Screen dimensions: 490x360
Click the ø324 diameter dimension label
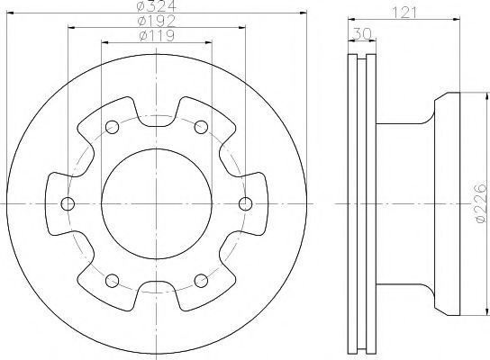pyautogui.click(x=157, y=5)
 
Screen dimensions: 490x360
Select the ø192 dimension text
pyautogui.click(x=157, y=21)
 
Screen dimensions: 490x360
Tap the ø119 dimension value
pyautogui.click(x=157, y=36)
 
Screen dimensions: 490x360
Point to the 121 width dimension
pyautogui.click(x=404, y=13)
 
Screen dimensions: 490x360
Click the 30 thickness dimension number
pyautogui.click(x=361, y=33)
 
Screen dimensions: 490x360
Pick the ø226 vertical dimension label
pyautogui.click(x=480, y=203)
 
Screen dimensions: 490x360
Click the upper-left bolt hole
pyautogui.click(x=113, y=127)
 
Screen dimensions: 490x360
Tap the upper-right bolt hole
pyautogui.click(x=201, y=127)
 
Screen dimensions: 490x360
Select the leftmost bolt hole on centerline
pyautogui.click(x=68, y=204)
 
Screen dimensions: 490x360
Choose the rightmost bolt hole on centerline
pyautogui.click(x=245, y=204)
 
